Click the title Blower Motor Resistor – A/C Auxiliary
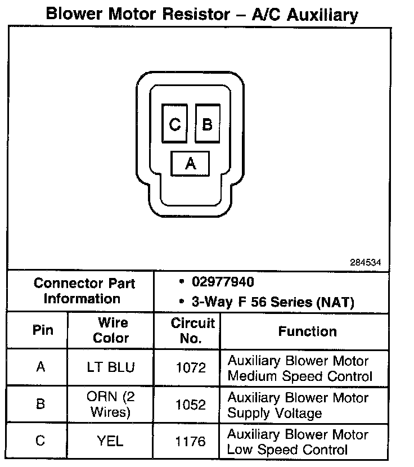(x=201, y=14)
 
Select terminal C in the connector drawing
(x=175, y=124)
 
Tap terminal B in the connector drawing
(x=207, y=124)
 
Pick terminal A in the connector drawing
(x=190, y=164)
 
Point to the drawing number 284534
(x=365, y=262)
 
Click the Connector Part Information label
(x=82, y=291)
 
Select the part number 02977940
(x=222, y=282)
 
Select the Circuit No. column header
(x=192, y=331)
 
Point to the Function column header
(x=307, y=331)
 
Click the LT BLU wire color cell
(x=111, y=368)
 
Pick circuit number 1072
(x=191, y=368)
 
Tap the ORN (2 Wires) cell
(x=111, y=404)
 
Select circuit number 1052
(x=191, y=405)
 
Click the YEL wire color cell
(x=111, y=441)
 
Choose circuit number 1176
(x=191, y=442)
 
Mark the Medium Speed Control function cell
(x=299, y=369)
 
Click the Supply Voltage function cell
(x=298, y=405)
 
